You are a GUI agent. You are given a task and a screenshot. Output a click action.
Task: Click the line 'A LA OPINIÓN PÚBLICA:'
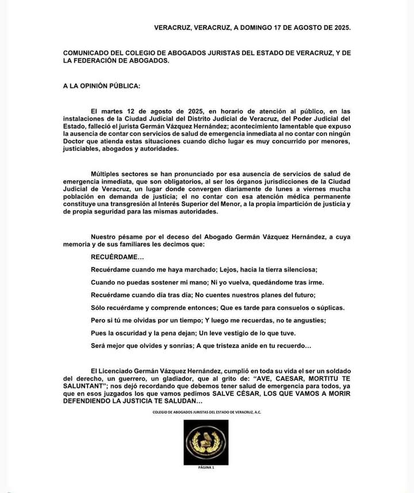[x=101, y=86]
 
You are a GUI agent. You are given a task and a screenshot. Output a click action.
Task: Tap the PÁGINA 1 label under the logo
[x=206, y=468]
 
